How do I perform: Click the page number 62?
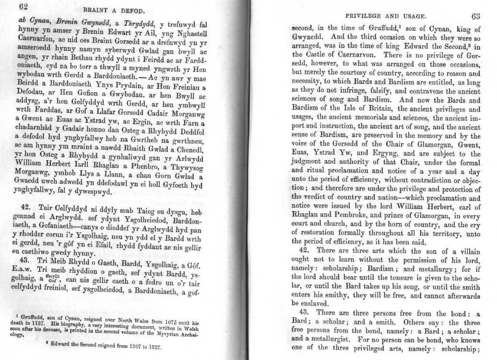pyautogui.click(x=24, y=7)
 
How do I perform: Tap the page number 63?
pyautogui.click(x=475, y=16)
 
